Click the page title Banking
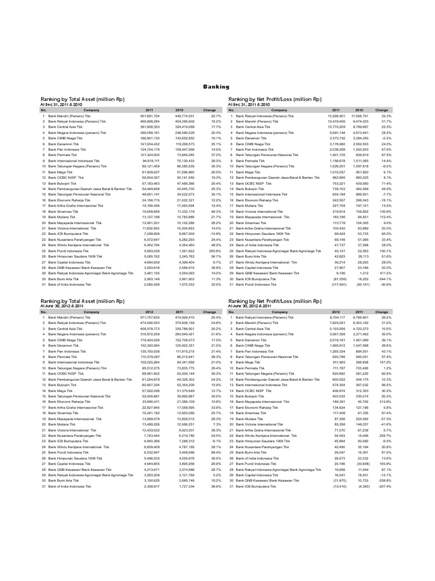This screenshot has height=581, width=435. point(217,87)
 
